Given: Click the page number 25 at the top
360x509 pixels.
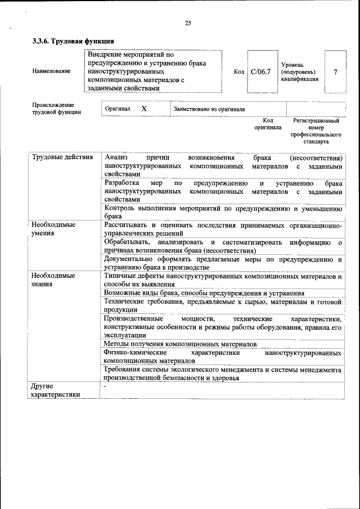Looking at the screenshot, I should (188, 23).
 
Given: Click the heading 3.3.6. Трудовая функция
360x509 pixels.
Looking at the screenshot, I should (74, 41).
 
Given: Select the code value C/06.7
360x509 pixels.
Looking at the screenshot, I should (261, 72).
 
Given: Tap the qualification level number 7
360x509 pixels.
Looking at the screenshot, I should (335, 72).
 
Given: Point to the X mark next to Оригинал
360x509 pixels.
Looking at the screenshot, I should (144, 109).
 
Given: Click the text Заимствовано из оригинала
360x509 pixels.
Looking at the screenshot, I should (209, 109).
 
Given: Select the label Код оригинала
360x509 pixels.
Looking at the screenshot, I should (268, 124).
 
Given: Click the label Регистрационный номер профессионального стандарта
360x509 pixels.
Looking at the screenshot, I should (316, 131).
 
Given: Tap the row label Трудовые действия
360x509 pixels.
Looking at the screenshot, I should (62, 157).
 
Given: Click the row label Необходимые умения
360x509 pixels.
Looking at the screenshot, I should (53, 228).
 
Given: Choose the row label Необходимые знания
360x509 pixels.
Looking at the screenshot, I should (53, 280).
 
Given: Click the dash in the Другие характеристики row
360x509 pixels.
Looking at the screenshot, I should (105, 387).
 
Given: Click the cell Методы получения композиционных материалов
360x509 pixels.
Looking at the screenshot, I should (181, 344).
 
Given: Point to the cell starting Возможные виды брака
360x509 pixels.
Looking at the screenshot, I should (204, 293).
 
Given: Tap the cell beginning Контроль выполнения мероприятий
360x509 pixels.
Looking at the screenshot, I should (223, 212).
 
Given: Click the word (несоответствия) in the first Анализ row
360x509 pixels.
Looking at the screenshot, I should (316, 157).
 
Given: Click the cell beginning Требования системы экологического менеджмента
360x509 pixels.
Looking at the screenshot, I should (223, 374).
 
